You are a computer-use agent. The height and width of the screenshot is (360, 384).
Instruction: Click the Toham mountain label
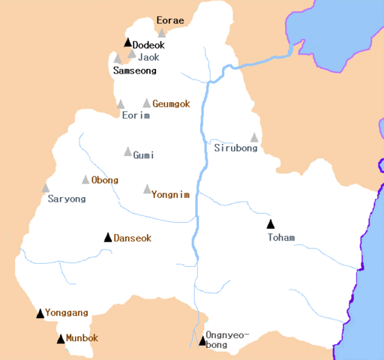click(x=281, y=238)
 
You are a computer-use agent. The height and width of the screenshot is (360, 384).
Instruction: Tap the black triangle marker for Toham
click(x=271, y=223)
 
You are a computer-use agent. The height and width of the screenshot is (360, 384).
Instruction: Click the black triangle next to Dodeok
click(x=128, y=43)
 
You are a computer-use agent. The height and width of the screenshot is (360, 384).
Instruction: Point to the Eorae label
click(x=169, y=20)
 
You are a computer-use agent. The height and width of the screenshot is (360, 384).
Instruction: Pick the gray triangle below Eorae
click(x=161, y=33)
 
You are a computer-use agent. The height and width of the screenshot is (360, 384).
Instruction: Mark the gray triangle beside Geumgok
click(x=147, y=103)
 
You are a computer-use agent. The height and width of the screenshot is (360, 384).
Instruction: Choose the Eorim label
click(x=136, y=115)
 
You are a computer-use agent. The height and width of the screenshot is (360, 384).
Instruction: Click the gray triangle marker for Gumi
click(x=128, y=151)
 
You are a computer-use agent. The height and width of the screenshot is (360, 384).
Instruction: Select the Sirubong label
click(x=235, y=148)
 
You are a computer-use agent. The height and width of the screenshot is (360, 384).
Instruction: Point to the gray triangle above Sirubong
click(x=254, y=137)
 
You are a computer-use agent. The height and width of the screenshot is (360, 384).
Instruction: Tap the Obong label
click(x=104, y=181)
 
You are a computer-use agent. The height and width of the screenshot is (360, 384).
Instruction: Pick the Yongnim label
click(x=169, y=193)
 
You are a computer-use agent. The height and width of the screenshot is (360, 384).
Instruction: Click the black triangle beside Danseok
click(x=108, y=237)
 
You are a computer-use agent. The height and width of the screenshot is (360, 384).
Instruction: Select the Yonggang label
click(x=67, y=313)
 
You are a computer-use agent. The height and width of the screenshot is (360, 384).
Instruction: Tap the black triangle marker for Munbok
click(x=61, y=339)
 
